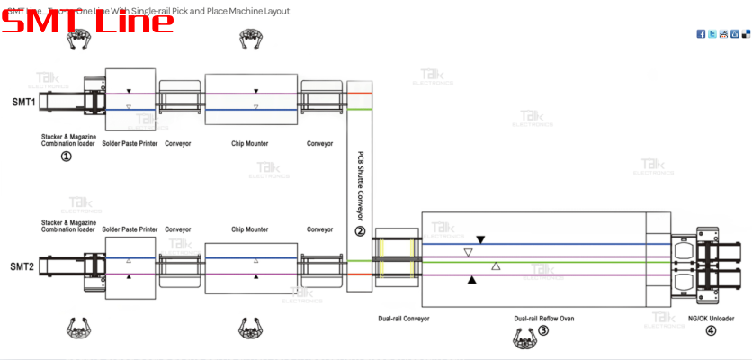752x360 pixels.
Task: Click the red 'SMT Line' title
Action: (x=87, y=19)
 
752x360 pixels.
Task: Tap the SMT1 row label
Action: (x=23, y=102)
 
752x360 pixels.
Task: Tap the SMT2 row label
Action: (x=23, y=267)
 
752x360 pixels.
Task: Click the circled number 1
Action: (x=67, y=157)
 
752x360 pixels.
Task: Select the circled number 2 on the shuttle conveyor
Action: (x=360, y=231)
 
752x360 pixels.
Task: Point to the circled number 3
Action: (x=543, y=330)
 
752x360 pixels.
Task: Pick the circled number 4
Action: (x=711, y=330)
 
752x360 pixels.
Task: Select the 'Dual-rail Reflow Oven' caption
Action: (x=543, y=318)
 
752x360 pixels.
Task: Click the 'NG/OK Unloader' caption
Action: (x=711, y=318)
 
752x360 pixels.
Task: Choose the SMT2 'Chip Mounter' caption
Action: (x=250, y=229)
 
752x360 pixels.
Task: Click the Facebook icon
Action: (x=702, y=34)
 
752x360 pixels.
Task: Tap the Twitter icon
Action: (x=712, y=34)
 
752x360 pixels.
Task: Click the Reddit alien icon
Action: (x=723, y=34)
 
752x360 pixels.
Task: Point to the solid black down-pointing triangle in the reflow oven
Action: (x=480, y=239)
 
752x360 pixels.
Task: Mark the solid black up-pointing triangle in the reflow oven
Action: (x=472, y=280)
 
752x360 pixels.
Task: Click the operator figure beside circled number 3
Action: (x=523, y=336)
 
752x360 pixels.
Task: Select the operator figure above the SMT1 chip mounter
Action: (x=250, y=37)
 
